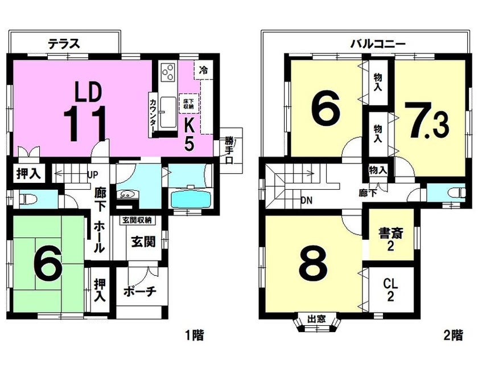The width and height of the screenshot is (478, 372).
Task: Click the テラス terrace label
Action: click(x=64, y=44)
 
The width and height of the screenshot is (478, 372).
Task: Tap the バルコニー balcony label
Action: click(x=378, y=44)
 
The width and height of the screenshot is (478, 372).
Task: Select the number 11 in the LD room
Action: click(x=85, y=124)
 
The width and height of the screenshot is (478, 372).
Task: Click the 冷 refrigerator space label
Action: click(x=203, y=70)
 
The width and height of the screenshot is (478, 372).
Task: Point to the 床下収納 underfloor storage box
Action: click(x=189, y=103)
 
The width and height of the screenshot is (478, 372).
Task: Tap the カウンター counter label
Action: click(x=152, y=114)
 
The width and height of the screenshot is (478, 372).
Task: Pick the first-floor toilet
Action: click(x=28, y=199)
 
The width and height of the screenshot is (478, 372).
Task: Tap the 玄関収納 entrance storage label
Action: click(x=137, y=220)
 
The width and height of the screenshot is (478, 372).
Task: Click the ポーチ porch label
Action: click(x=140, y=292)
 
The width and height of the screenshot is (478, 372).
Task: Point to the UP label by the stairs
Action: click(x=93, y=175)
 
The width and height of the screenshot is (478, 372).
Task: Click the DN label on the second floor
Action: click(x=306, y=201)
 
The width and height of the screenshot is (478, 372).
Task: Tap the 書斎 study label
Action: click(x=391, y=234)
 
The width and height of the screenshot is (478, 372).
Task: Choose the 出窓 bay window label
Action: click(x=316, y=319)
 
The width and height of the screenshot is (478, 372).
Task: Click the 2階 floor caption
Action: click(x=454, y=336)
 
